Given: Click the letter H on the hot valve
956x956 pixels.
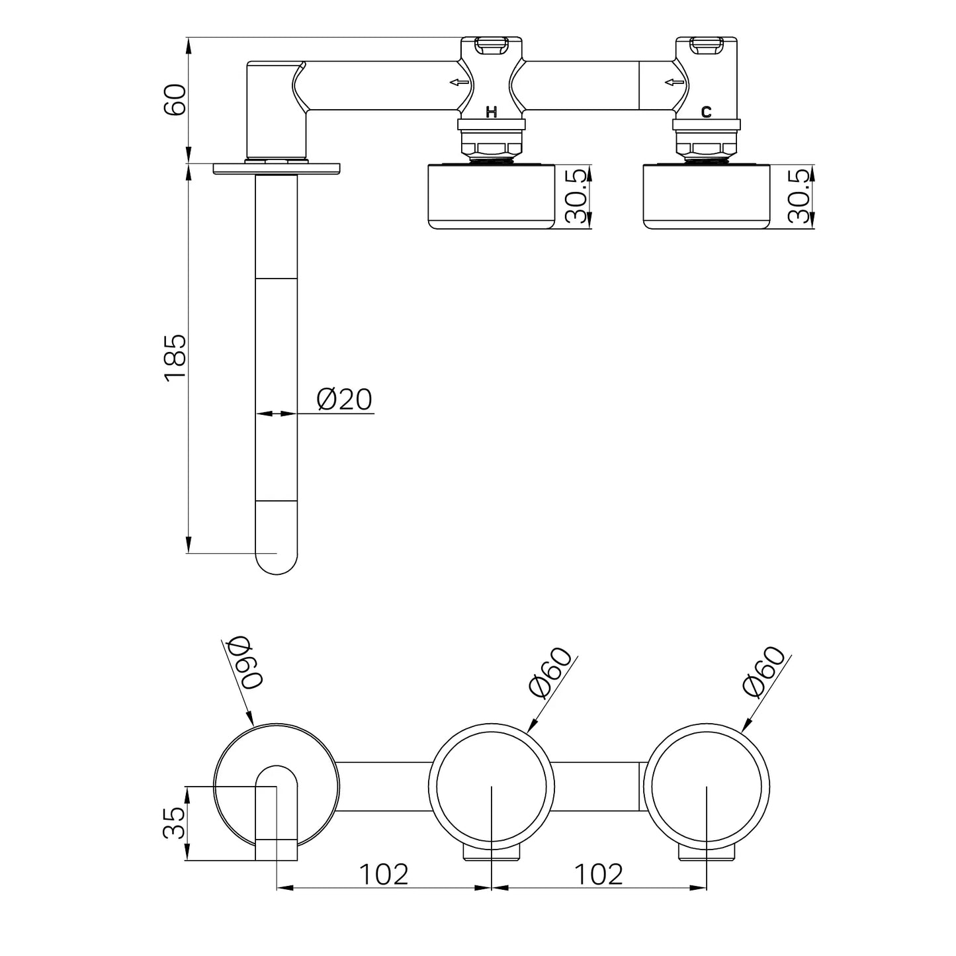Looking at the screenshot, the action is [491, 112].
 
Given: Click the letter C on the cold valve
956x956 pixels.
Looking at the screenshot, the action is [706, 112].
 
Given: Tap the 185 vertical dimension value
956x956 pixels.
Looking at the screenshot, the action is [175, 358].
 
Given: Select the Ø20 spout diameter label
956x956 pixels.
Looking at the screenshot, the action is [344, 400].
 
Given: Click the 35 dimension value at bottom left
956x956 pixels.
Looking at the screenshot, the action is [174, 822].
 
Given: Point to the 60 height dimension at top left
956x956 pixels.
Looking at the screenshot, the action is [175, 100].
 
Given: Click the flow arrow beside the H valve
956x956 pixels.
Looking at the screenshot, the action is [459, 82].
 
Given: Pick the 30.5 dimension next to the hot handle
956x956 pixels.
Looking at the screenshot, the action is [577, 196].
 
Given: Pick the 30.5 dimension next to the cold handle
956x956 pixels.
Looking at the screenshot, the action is [799, 196].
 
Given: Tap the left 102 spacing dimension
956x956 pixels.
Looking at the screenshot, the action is [384, 874].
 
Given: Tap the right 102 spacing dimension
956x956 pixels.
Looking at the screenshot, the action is [598, 874].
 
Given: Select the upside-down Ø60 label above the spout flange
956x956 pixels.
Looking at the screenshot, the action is [245, 664].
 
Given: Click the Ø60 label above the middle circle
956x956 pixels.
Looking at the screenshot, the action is [550, 672].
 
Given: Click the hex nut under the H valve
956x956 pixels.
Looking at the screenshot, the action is [491, 148].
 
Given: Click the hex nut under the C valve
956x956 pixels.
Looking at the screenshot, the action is [706, 148].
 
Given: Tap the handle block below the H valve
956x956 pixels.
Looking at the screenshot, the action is [491, 196].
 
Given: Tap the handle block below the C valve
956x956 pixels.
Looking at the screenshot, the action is [706, 196].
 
